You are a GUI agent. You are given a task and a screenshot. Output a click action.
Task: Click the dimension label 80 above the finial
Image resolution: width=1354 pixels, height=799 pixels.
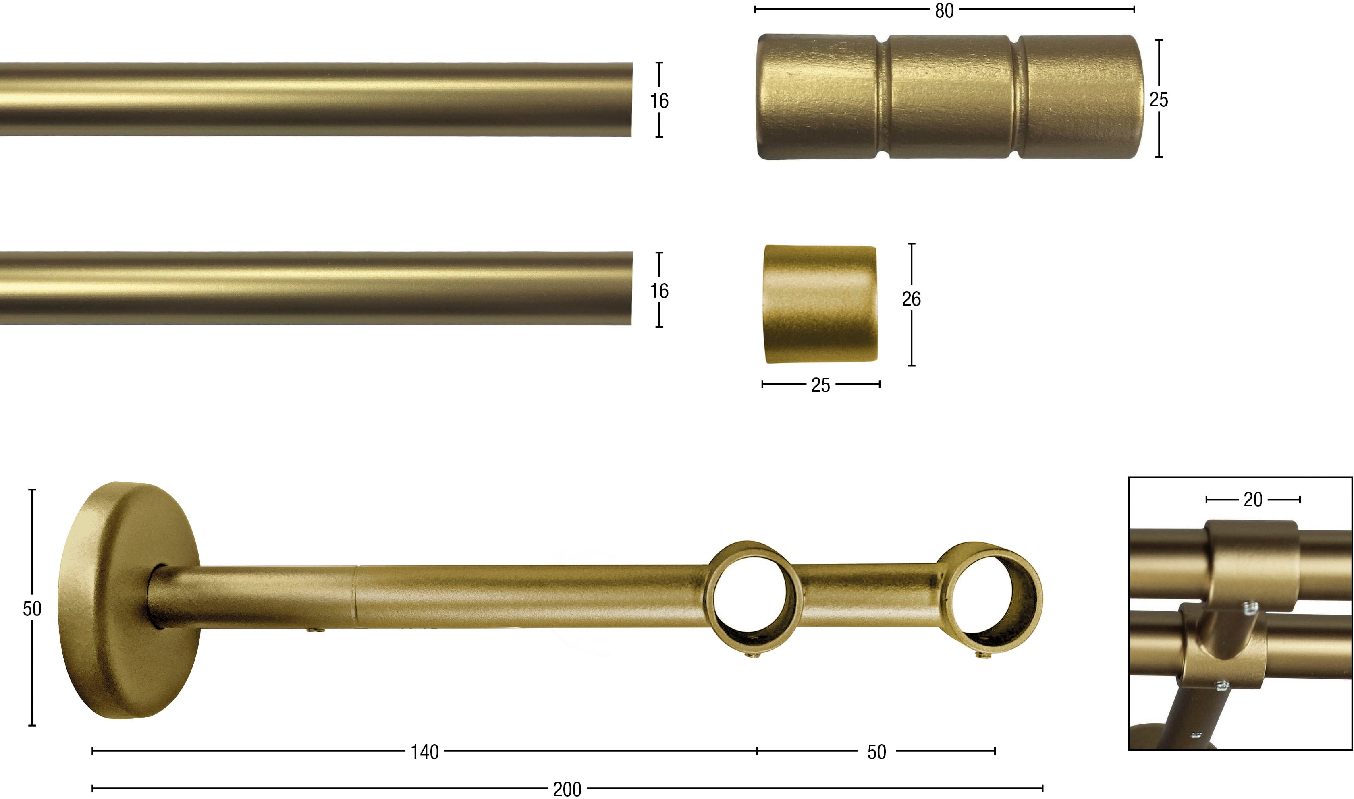pyautogui.click(x=944, y=10)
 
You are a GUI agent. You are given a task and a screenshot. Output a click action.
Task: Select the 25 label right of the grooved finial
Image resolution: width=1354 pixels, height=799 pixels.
pyautogui.click(x=1159, y=99)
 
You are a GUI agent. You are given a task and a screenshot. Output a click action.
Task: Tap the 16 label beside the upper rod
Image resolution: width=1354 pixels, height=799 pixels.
pyautogui.click(x=659, y=101)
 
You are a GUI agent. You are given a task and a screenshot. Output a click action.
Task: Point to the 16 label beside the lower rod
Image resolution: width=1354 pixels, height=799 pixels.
pyautogui.click(x=659, y=291)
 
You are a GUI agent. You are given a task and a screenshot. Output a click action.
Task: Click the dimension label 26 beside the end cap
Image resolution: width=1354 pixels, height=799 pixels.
pyautogui.click(x=911, y=299)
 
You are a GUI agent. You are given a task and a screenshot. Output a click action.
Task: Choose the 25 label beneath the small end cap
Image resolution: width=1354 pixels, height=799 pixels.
pyautogui.click(x=821, y=385)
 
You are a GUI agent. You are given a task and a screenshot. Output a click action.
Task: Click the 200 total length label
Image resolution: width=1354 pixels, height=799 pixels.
pyautogui.click(x=567, y=789)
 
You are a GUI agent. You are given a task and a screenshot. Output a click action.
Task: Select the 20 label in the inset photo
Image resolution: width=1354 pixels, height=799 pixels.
pyautogui.click(x=1253, y=500)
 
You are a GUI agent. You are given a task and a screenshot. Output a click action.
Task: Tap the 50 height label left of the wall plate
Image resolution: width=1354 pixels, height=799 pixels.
pyautogui.click(x=32, y=609)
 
